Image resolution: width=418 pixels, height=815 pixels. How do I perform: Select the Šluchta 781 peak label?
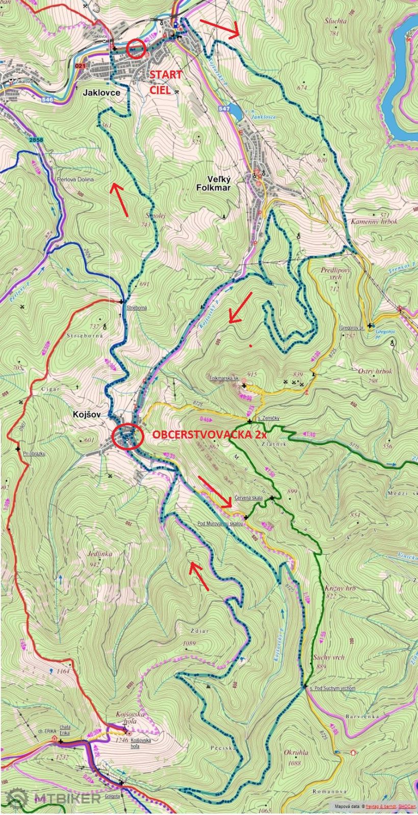(335, 25)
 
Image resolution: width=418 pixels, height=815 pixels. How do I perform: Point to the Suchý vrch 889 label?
(327, 661)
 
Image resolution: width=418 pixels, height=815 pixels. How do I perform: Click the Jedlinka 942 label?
(100, 557)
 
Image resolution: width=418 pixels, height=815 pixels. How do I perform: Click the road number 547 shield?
(224, 109)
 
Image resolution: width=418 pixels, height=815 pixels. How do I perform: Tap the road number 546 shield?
(47, 100)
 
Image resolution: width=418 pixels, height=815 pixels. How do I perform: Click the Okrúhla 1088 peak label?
(296, 756)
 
